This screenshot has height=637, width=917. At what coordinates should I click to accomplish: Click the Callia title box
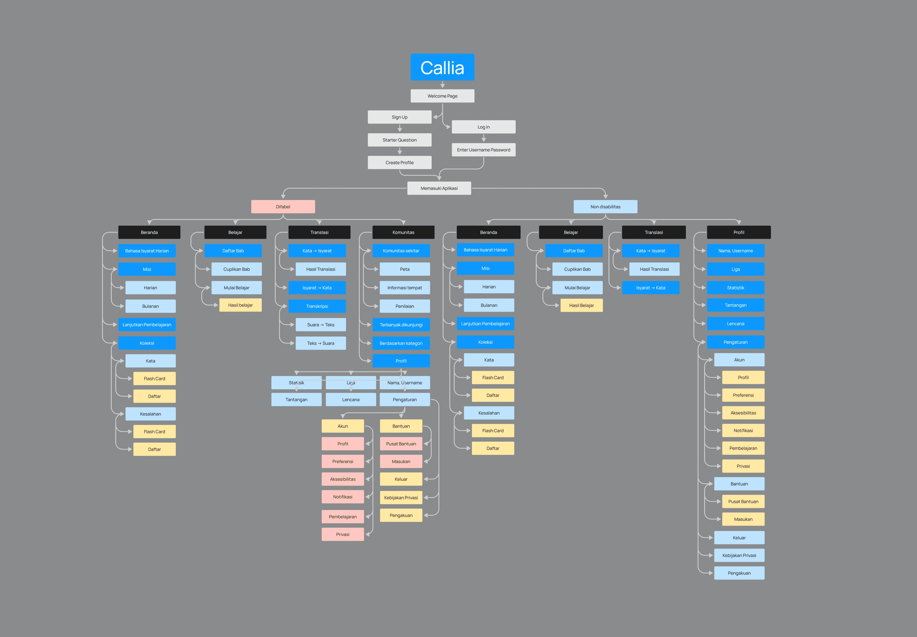pyautogui.click(x=442, y=67)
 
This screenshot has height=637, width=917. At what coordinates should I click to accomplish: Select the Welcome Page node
pyautogui.click(x=442, y=96)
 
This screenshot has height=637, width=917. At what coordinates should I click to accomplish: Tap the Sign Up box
pyautogui.click(x=399, y=117)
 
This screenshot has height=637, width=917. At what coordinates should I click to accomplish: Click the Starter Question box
pyautogui.click(x=399, y=140)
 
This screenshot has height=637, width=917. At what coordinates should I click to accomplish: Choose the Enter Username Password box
pyautogui.click(x=483, y=150)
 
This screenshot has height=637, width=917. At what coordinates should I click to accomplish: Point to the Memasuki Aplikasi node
pyautogui.click(x=439, y=188)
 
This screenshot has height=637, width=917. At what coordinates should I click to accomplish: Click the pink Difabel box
pyautogui.click(x=283, y=206)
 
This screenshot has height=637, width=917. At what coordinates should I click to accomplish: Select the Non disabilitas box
pyautogui.click(x=605, y=206)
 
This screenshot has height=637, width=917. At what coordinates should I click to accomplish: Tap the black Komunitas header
pyautogui.click(x=403, y=232)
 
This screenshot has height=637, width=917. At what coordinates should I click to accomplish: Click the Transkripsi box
pyautogui.click(x=317, y=306)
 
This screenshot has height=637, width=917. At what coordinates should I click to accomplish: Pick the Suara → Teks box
pyautogui.click(x=320, y=325)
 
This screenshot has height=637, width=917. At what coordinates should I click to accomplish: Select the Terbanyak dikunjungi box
pyautogui.click(x=401, y=325)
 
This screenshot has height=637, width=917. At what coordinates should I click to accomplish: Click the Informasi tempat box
pyautogui.click(x=404, y=287)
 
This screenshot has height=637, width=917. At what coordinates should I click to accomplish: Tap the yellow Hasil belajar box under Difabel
pyautogui.click(x=240, y=305)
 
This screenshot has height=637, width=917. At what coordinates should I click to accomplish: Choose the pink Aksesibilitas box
pyautogui.click(x=342, y=479)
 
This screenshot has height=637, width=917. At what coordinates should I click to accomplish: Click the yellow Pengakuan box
pyautogui.click(x=401, y=515)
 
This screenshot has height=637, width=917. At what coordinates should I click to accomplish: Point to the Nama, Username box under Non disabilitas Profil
pyautogui.click(x=735, y=251)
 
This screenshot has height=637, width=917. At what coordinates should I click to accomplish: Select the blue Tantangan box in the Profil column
pyautogui.click(x=735, y=305)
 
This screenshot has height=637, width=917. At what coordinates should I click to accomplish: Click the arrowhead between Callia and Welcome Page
pyautogui.click(x=442, y=85)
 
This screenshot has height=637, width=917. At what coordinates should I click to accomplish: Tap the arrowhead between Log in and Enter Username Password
pyautogui.click(x=483, y=139)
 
